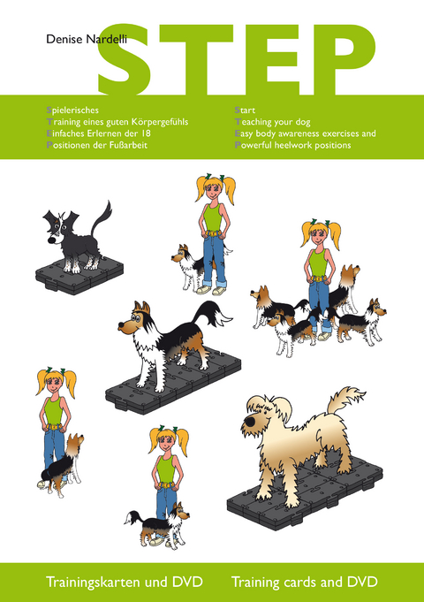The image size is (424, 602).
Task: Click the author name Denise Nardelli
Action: click(87, 39)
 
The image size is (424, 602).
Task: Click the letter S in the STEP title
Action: click(125, 59)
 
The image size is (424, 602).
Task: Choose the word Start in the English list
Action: click(245, 110)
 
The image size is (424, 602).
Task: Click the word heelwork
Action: click(293, 145)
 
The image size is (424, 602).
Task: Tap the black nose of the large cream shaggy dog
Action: click(251, 422)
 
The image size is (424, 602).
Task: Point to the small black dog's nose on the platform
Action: click(51, 240)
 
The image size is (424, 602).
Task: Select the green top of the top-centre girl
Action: click(212, 217)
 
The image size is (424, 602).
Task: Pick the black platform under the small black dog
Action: click(79, 276)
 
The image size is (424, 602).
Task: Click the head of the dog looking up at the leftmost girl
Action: click(75, 444)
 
